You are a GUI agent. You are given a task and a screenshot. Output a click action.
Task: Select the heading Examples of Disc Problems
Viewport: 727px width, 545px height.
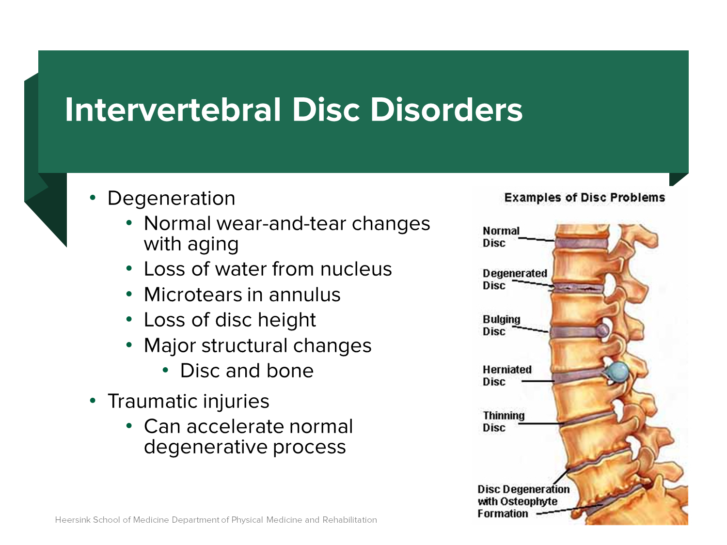point(585,198)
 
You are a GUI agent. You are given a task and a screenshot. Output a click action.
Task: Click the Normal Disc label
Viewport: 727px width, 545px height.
point(501,237)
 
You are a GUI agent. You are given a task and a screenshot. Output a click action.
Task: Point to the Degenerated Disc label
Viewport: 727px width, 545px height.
point(514,280)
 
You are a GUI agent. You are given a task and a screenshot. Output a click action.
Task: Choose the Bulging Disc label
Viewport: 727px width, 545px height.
point(501,326)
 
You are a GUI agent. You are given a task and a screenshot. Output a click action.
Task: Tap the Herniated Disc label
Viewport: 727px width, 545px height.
point(506,375)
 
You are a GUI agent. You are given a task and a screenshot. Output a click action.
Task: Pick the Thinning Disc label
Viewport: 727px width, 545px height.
point(503,421)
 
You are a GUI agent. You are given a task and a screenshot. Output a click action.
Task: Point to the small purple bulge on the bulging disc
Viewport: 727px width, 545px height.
point(602,330)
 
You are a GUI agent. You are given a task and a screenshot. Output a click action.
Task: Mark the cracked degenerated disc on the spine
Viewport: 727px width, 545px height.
point(579,288)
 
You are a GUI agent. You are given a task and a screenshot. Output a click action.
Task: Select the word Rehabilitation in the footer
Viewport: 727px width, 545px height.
point(349,520)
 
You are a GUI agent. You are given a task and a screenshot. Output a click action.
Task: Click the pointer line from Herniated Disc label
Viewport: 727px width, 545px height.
point(538,381)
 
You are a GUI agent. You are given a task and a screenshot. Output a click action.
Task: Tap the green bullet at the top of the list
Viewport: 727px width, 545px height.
point(93,197)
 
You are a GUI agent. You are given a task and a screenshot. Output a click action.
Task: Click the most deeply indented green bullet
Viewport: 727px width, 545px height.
point(165,370)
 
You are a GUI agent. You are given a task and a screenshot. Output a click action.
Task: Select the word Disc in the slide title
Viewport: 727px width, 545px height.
point(326,110)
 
